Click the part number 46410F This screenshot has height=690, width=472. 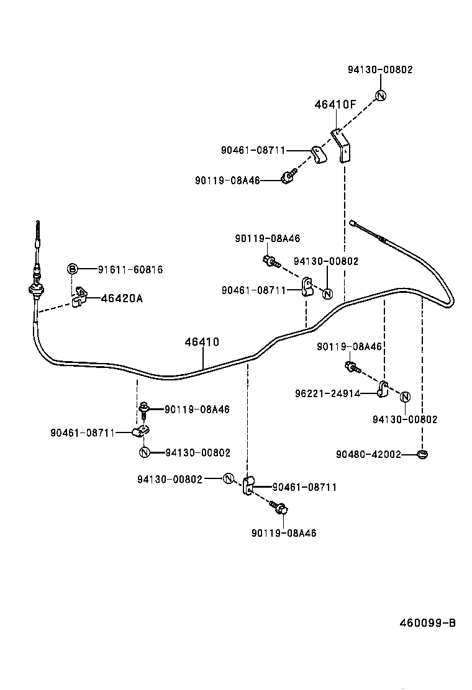(x=335, y=105)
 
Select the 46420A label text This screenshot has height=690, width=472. (x=122, y=298)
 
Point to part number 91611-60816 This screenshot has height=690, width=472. (x=130, y=269)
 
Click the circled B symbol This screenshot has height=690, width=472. (x=73, y=269)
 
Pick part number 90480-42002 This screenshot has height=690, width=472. (x=368, y=454)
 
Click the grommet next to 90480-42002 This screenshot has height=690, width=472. (x=423, y=455)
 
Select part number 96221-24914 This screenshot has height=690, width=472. (x=328, y=393)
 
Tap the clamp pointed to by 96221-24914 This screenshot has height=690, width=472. (x=383, y=391)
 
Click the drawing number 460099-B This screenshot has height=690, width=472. (x=427, y=622)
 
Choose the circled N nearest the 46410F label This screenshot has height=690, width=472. (x=381, y=95)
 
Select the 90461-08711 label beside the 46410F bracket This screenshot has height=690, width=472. (x=253, y=150)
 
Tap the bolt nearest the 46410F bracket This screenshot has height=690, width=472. (x=288, y=178)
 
